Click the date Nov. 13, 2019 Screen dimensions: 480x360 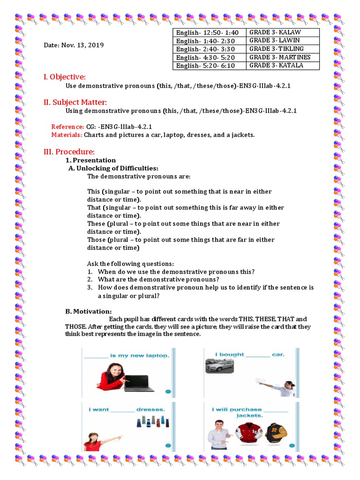tap(74, 45)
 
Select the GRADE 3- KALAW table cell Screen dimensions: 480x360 tap(275, 32)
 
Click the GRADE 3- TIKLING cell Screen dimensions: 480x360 tap(277, 49)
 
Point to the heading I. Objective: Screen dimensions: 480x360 tap(64, 77)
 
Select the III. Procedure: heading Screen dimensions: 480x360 tap(69, 152)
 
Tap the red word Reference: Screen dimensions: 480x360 tap(67, 127)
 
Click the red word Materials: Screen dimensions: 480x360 tap(67, 135)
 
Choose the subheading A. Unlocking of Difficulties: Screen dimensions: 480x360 tap(113, 168)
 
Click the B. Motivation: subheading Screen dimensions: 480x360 tap(89, 312)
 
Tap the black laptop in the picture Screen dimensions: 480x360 tap(139, 382)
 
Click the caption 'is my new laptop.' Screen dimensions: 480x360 tap(139, 355)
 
